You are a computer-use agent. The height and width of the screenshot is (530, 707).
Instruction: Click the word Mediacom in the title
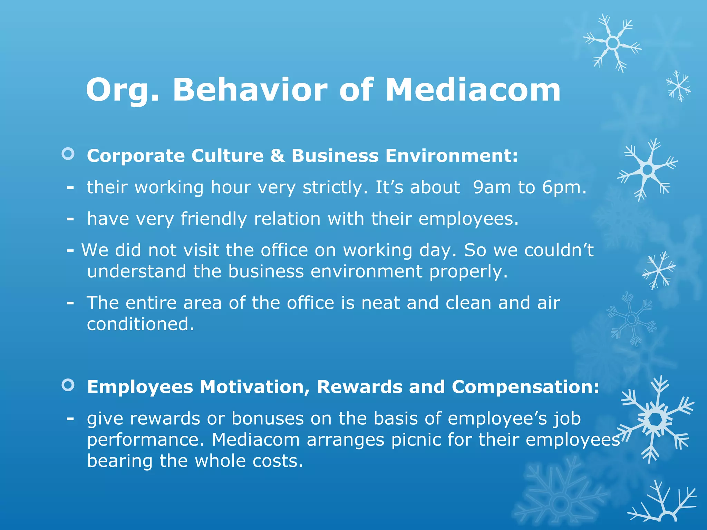(x=473, y=90)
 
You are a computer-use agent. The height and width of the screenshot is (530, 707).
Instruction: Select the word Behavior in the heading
(x=250, y=90)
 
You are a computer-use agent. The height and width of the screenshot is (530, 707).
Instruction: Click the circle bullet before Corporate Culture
(x=68, y=154)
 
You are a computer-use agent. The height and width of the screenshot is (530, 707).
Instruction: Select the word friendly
(x=214, y=219)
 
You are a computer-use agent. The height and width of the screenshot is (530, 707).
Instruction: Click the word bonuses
(x=267, y=419)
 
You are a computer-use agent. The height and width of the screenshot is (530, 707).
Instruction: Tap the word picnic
(x=416, y=440)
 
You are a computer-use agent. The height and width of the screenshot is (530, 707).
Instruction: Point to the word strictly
(x=335, y=188)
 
